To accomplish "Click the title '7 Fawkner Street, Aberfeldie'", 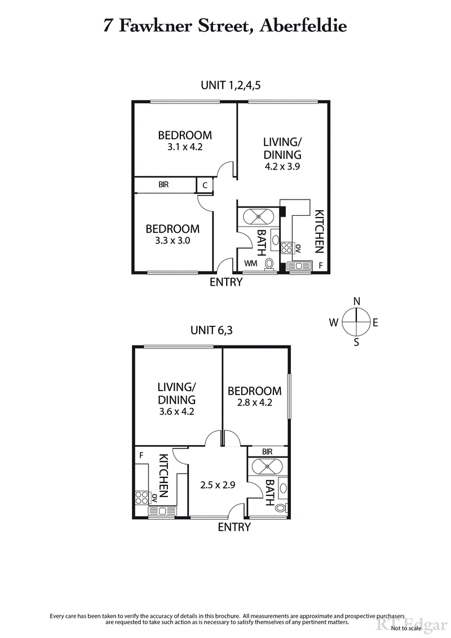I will coord(225,25).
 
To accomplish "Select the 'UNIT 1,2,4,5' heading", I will coord(231,85).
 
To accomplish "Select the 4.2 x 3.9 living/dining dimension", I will coord(282,166).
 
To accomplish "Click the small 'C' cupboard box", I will coord(205,185).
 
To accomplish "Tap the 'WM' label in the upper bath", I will coord(250,263).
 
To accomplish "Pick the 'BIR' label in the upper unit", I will coord(163,184).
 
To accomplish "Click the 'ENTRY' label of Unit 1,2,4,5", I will coord(225,282).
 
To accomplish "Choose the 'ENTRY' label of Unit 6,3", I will coord(234,527).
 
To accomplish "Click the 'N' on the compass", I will coord(356,302).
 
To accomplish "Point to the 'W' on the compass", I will coord(334,322).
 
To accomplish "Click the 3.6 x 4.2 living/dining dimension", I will coord(176,411).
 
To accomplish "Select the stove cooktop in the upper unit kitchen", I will coord(285,249).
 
